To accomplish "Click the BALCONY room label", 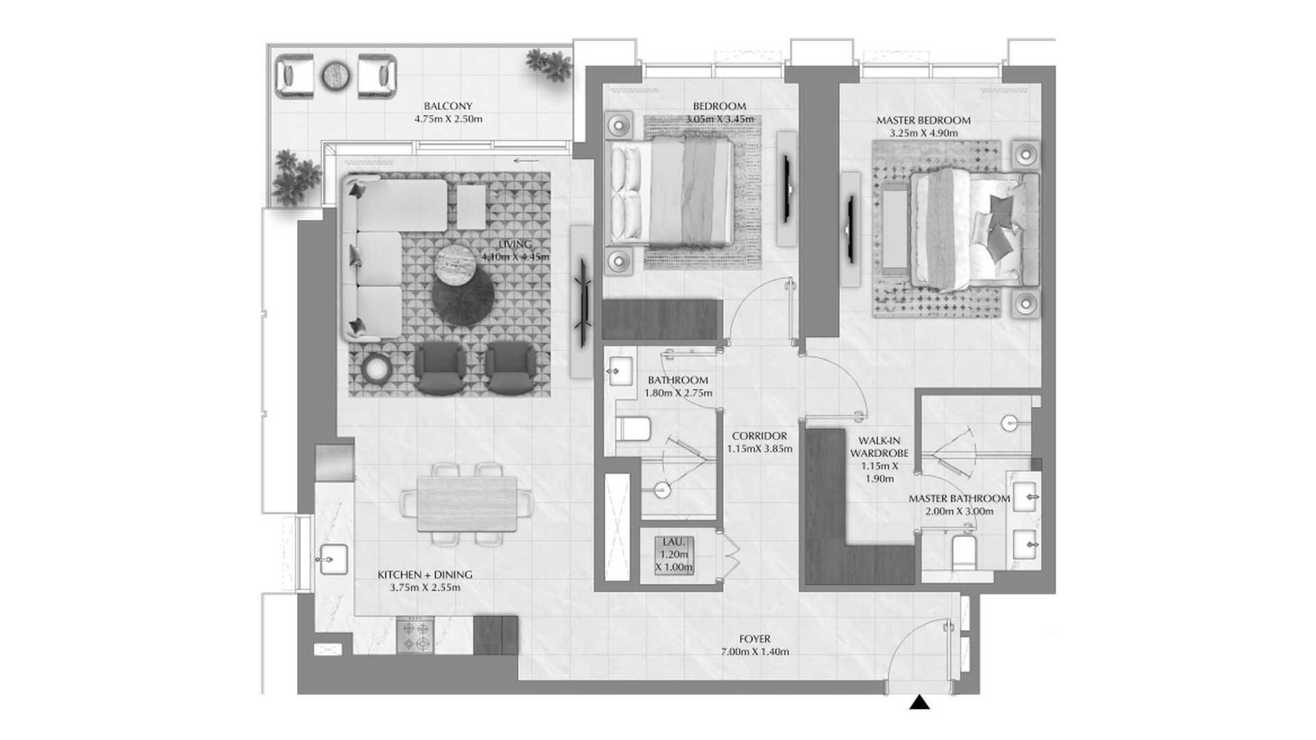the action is coord(448,106).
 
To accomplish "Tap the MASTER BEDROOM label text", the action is coord(923,121).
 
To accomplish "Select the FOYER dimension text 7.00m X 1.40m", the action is coord(755,652).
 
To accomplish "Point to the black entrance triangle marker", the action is coord(919,702).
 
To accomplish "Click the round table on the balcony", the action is coord(336,74).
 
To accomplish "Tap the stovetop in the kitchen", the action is coord(415,635).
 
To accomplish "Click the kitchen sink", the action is coord(333,558).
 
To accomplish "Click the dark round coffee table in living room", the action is coord(463,295).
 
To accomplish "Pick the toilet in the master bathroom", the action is coord(963,552).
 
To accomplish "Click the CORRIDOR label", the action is coord(759,436).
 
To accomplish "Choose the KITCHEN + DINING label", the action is coord(425,575).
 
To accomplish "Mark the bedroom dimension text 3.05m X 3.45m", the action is coord(720,119).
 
